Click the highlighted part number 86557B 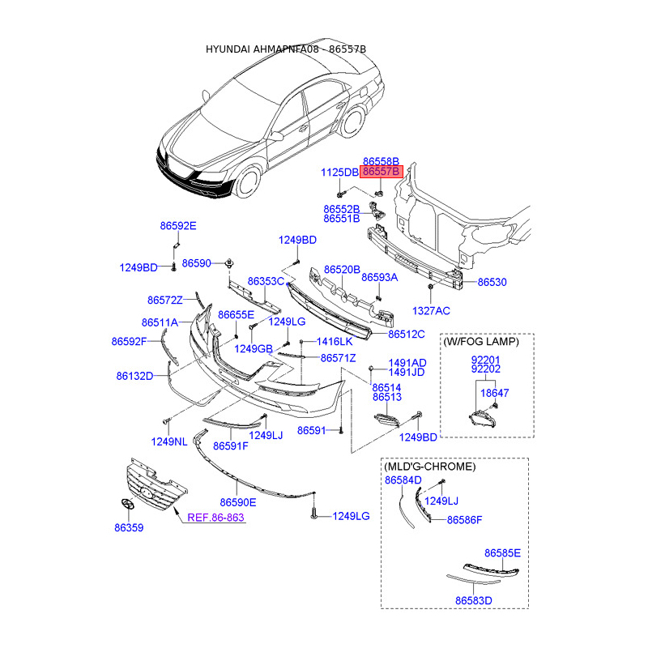point(381,172)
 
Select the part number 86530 point(492,283)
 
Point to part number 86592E point(177,226)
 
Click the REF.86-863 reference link point(215,516)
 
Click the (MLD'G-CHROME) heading point(428,467)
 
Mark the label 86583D point(474,601)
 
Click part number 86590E point(237,502)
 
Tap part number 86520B point(342,269)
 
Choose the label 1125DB point(339,172)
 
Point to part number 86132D point(134,376)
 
